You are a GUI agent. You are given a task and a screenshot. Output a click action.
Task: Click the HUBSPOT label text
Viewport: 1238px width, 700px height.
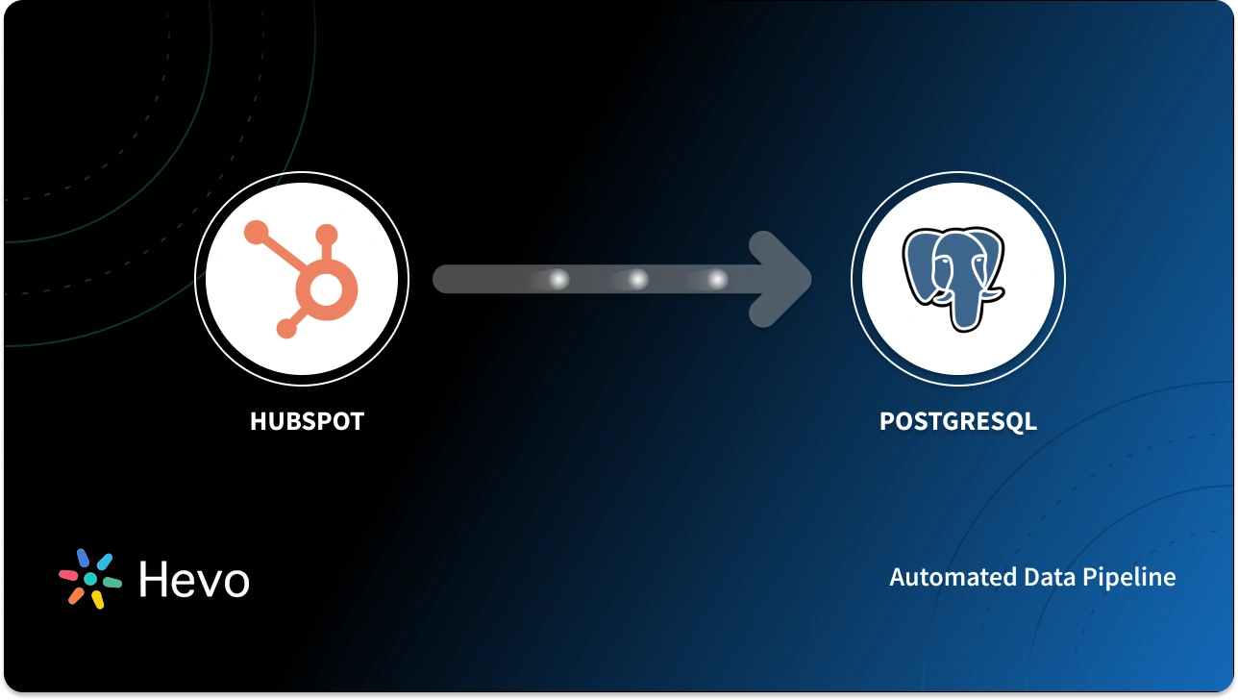coord(307,421)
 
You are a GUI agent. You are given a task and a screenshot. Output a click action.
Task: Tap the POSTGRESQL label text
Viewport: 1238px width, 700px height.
coord(957,421)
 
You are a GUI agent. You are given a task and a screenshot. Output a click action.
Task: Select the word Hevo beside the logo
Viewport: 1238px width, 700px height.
coord(193,580)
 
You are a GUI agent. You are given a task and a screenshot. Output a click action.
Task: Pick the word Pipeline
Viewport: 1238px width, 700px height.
coord(1131,578)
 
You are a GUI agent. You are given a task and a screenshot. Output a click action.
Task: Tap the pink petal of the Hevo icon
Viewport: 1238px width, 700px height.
coord(69,575)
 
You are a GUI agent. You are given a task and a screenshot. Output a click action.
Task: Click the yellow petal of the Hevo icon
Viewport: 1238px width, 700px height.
coord(97,600)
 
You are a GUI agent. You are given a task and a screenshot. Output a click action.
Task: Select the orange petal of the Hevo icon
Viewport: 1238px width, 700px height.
coord(76,595)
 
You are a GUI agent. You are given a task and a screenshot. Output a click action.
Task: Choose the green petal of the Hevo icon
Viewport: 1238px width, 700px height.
coord(111,583)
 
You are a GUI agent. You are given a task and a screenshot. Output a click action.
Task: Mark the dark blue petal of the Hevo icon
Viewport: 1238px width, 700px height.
coord(84,559)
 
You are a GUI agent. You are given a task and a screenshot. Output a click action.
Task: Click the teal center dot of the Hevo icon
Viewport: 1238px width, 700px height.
coord(90,579)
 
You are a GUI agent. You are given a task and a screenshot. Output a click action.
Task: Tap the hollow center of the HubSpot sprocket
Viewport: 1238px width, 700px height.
coord(323,287)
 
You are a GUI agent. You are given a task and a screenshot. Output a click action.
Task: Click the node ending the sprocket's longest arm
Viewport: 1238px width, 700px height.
coord(256,231)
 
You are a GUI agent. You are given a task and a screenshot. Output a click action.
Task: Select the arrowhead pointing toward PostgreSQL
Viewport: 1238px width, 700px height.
coord(783,279)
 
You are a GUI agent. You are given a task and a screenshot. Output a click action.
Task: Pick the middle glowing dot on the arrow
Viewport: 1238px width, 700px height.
coord(637,280)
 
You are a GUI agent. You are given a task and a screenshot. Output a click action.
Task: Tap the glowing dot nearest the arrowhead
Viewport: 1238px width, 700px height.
coord(717,280)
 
